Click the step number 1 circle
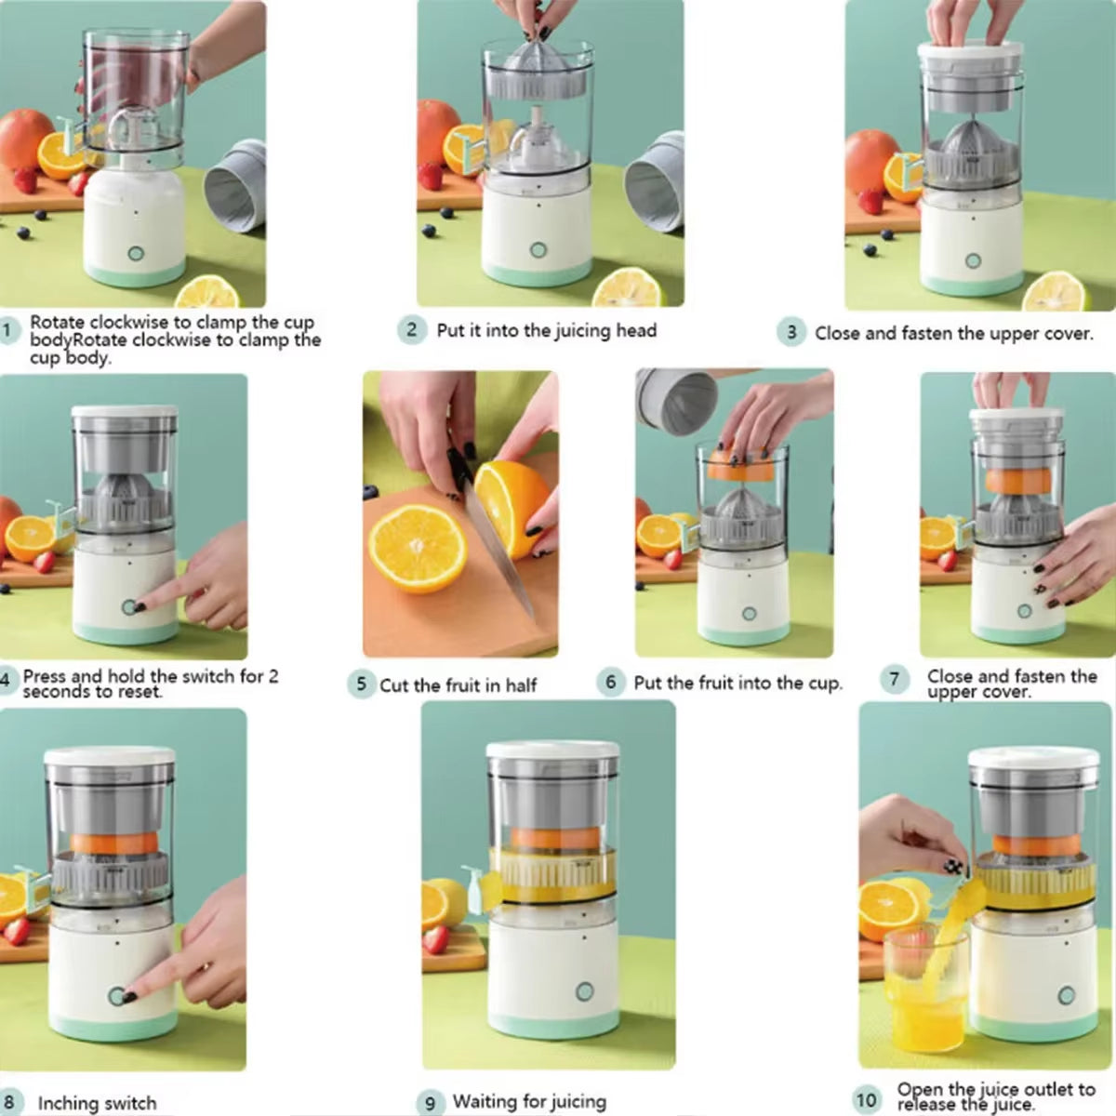8,330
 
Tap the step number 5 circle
361,685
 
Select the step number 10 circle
867,1099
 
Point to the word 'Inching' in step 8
70,1104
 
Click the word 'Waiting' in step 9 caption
486,1102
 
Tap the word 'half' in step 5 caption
521,686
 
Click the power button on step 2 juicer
538,249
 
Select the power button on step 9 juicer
583,991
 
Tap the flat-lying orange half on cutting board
417,548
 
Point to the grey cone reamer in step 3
971,149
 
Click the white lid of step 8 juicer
110,756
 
